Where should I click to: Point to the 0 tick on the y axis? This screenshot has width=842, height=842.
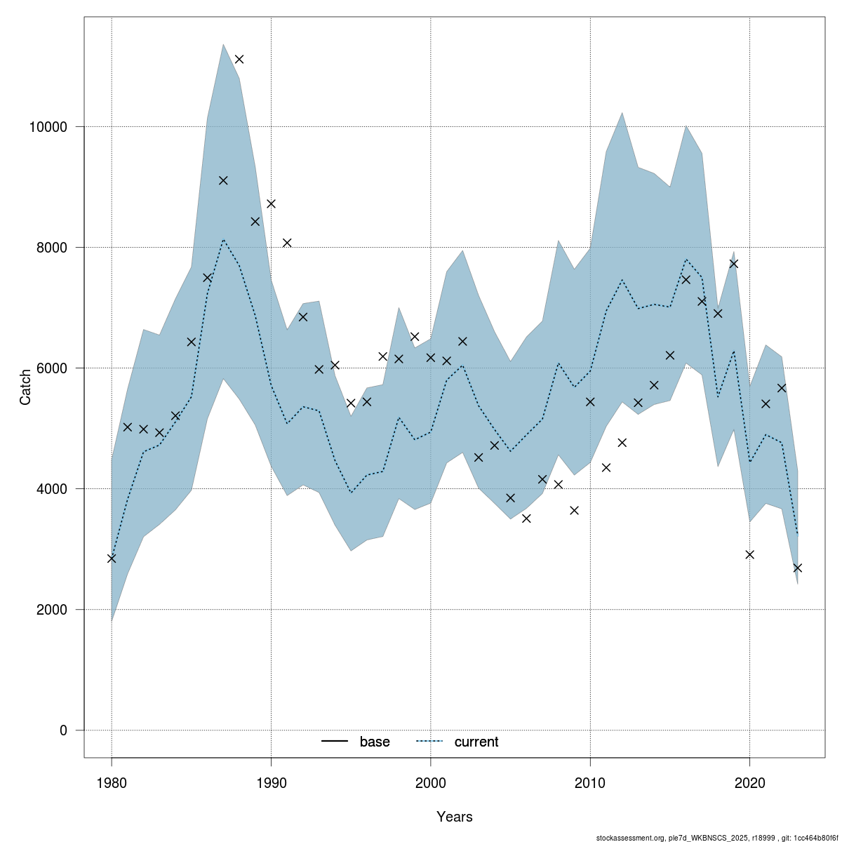tap(63, 730)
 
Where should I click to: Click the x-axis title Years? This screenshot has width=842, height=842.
tap(454, 817)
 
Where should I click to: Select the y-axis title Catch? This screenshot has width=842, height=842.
tap(26, 387)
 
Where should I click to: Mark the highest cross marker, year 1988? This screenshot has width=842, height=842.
tap(239, 59)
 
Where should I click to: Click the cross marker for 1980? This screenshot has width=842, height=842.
tap(112, 559)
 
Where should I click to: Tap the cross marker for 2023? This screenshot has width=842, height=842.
tap(797, 568)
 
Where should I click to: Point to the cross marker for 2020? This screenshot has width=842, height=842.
tap(749, 554)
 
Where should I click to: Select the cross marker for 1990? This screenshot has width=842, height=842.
tap(271, 203)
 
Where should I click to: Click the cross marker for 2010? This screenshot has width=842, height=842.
tap(590, 402)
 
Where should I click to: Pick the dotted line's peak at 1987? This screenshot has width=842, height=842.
tap(223, 240)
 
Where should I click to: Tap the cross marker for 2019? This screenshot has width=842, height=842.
tap(734, 264)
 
